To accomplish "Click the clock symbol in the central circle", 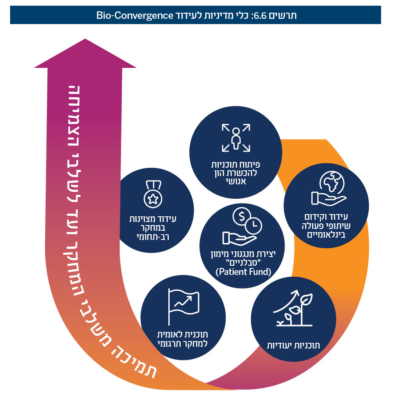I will click(x=253, y=225).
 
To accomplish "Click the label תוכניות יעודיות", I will click(x=294, y=345).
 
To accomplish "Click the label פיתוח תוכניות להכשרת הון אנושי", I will click(x=236, y=172).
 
